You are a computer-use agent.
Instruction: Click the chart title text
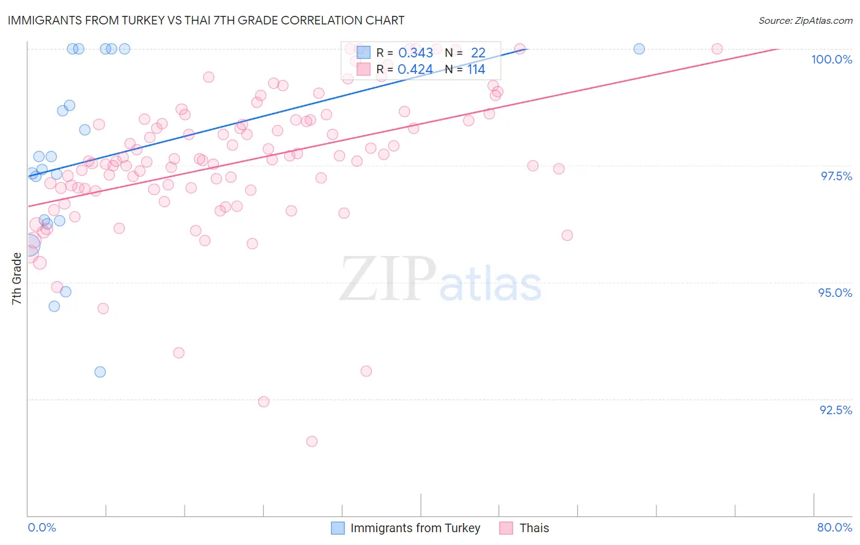click(206, 20)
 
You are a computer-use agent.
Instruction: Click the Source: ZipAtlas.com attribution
click(805, 21)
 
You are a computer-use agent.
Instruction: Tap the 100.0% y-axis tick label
click(831, 59)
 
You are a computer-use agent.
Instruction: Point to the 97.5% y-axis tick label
click(836, 176)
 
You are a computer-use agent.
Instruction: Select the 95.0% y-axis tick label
click(835, 293)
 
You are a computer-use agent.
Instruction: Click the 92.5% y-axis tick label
click(836, 410)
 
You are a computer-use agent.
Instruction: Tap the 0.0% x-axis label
click(42, 527)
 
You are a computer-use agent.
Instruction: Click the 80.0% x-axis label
click(834, 527)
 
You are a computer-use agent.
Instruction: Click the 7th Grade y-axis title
click(17, 278)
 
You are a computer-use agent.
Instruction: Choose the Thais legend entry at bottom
click(534, 528)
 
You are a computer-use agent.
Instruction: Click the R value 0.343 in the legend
click(415, 53)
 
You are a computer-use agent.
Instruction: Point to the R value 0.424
click(415, 70)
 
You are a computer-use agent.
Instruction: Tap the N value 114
click(476, 70)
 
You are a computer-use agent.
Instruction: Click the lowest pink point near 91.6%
click(312, 441)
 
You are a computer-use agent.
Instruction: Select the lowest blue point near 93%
click(100, 372)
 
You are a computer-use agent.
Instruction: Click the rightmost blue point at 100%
click(639, 49)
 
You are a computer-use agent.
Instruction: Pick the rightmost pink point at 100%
click(717, 49)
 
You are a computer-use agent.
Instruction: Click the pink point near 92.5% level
click(264, 401)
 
